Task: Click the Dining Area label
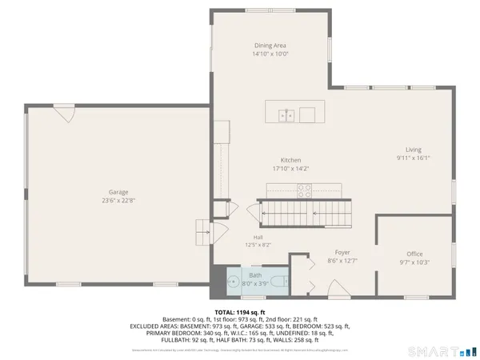click(x=270, y=46)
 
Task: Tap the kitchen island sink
click(x=287, y=114)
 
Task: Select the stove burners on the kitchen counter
click(x=305, y=190)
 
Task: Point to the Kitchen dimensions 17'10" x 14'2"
click(x=285, y=169)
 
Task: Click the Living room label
click(x=413, y=150)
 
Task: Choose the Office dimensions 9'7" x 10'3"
click(x=414, y=262)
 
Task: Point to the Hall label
click(x=258, y=238)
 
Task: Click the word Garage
click(x=119, y=192)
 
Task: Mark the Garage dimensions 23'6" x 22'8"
click(x=119, y=202)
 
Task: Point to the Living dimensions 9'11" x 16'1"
click(x=413, y=158)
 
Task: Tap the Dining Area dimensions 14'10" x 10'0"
click(x=270, y=55)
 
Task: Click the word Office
click(x=414, y=254)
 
